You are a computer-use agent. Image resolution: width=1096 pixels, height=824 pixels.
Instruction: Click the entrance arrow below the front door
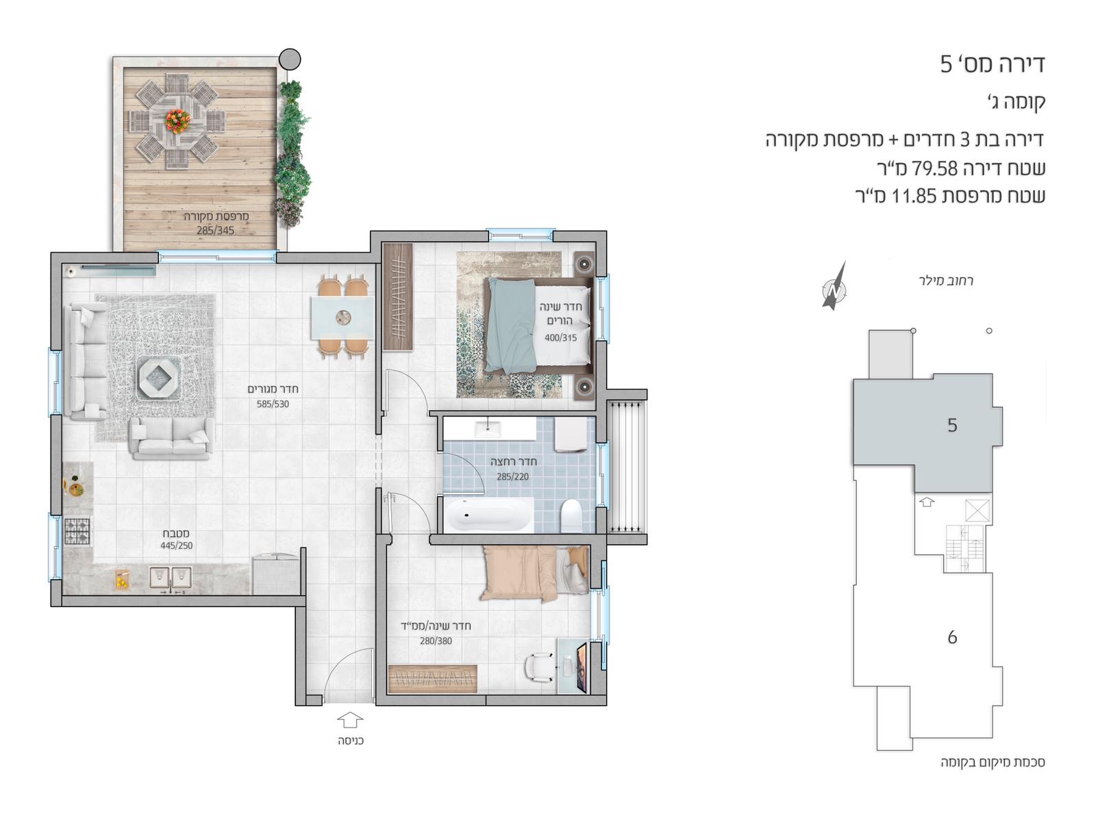(350, 721)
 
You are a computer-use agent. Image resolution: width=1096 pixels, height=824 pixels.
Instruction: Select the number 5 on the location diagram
(951, 426)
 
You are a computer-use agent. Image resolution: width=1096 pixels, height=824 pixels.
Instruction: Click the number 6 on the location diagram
(951, 638)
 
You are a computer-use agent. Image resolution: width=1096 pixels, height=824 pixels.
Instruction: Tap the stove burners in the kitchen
(77, 532)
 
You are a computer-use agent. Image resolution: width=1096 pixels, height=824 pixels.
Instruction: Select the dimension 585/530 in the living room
(273, 404)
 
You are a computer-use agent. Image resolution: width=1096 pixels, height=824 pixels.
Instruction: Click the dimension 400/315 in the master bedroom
(560, 338)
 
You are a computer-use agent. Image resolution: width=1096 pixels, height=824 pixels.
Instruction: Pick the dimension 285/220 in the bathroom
(512, 477)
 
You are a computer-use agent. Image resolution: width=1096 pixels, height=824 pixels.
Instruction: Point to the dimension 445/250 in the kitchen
(176, 546)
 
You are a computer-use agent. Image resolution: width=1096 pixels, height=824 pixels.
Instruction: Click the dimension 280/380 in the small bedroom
(436, 641)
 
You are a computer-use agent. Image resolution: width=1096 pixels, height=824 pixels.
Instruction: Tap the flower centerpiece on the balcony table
(176, 120)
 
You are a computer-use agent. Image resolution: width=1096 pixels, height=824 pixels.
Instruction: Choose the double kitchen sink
(171, 578)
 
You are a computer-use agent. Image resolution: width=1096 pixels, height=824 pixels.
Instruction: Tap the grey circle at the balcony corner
(290, 59)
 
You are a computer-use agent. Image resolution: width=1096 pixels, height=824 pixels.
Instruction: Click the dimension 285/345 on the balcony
(215, 231)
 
